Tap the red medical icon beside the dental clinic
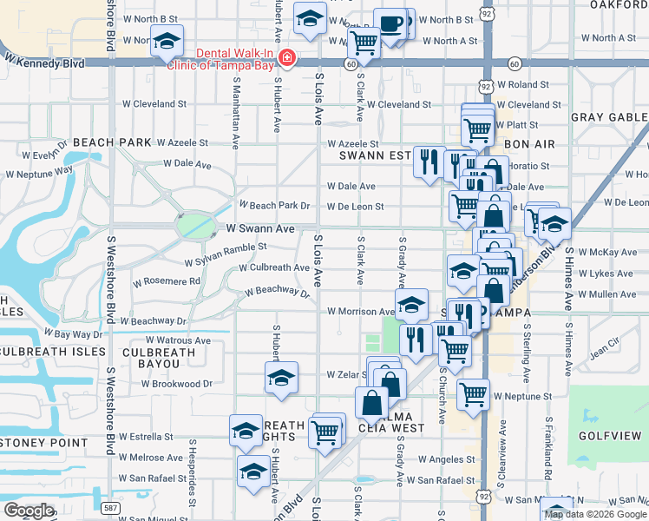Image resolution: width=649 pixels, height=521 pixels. pyautogui.click(x=287, y=59)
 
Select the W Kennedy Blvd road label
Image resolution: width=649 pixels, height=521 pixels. pyautogui.click(x=44, y=61)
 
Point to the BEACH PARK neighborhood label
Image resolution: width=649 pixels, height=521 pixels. pyautogui.click(x=106, y=142)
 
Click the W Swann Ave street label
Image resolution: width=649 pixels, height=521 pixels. pyautogui.click(x=260, y=228)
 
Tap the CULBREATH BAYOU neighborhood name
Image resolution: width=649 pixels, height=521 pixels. pyautogui.click(x=159, y=359)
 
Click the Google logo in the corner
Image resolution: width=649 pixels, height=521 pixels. pyautogui.click(x=29, y=510)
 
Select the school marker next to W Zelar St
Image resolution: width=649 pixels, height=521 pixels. pyautogui.click(x=281, y=379)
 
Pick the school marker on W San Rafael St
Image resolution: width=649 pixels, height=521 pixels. pyautogui.click(x=252, y=472)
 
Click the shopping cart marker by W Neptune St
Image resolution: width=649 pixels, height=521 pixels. pyautogui.click(x=473, y=394)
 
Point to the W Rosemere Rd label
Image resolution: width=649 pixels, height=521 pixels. pyautogui.click(x=167, y=281)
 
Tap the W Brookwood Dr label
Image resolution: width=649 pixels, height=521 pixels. pyautogui.click(x=177, y=383)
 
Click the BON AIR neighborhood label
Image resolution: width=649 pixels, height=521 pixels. pyautogui.click(x=528, y=143)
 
